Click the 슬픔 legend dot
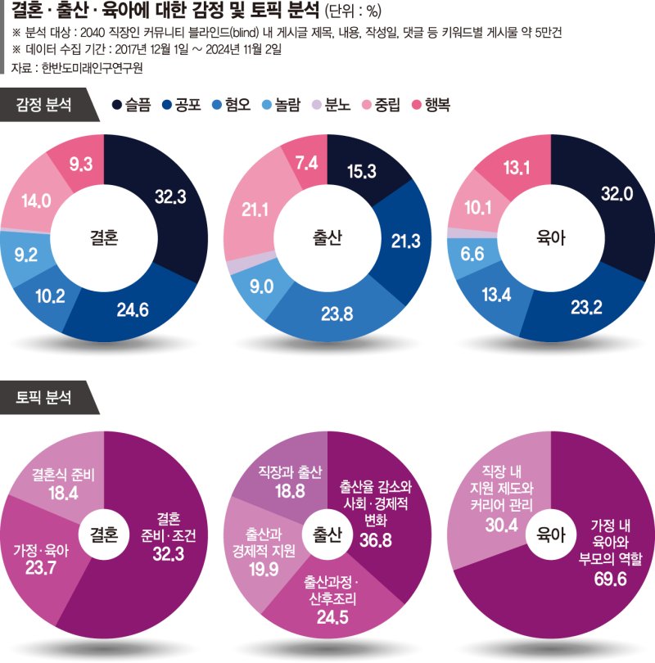click(118, 105)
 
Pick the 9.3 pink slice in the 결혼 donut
click(80, 165)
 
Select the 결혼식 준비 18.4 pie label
click(64, 482)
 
